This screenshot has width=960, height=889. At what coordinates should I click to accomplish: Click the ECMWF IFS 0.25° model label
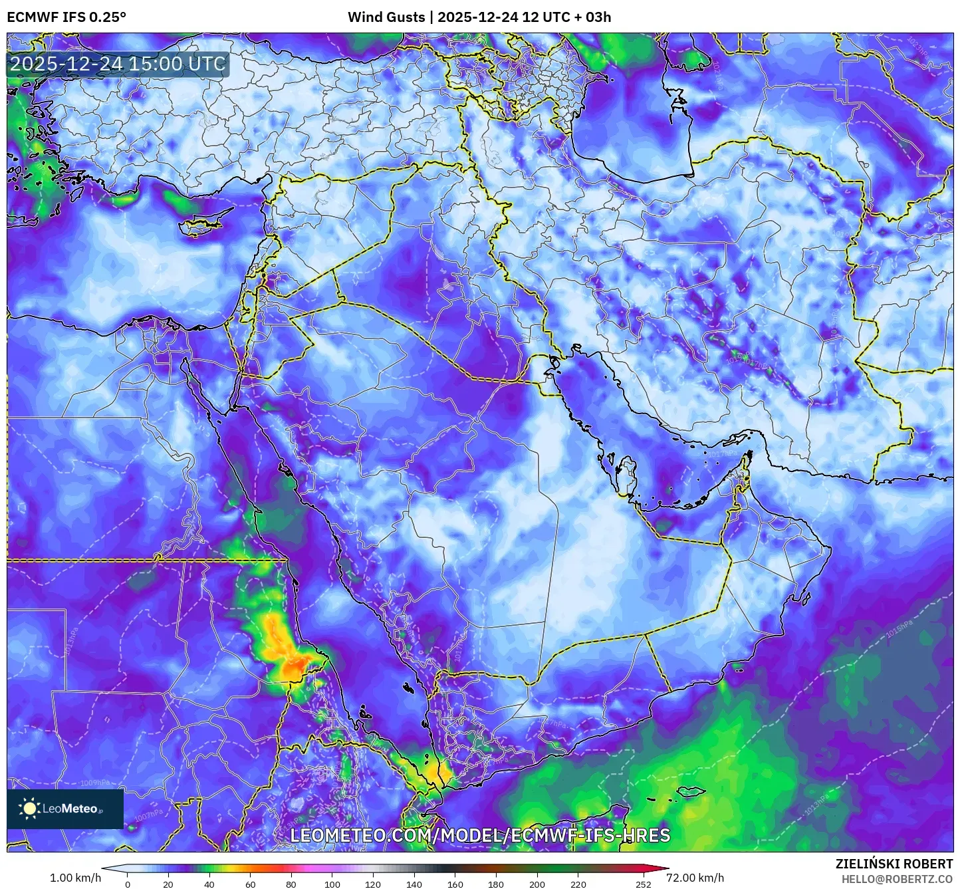coord(66,17)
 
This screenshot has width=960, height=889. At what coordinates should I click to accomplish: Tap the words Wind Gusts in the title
coord(386,17)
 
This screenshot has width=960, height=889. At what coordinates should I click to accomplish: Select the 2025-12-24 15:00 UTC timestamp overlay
coord(118,64)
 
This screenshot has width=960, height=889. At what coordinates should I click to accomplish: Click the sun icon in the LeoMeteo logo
coord(30,809)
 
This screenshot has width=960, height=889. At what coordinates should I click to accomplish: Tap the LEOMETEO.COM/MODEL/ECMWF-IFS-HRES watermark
coord(480,835)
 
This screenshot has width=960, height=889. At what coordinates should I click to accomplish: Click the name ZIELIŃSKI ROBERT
coord(894,864)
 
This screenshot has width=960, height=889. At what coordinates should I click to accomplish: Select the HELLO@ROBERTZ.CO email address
coord(897,879)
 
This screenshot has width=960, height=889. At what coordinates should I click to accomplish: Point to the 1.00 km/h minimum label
coord(75,878)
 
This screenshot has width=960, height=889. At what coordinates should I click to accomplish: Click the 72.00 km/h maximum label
coord(695,878)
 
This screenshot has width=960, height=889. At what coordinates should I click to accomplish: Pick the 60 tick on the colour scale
coord(251,884)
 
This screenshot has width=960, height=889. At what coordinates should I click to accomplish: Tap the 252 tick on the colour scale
coord(643,884)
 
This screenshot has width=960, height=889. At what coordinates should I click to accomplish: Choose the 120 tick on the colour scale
coord(374,884)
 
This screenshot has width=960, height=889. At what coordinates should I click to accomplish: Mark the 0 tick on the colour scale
coord(128,884)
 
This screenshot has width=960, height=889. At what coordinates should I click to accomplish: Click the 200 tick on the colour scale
coord(537,884)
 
